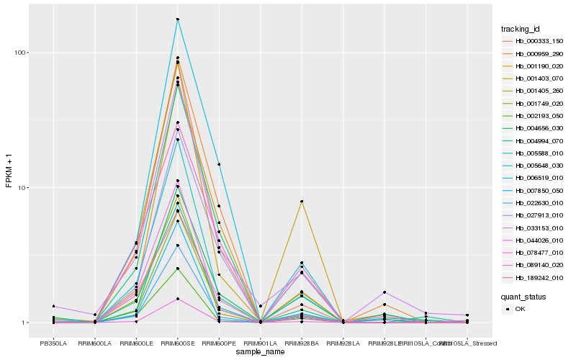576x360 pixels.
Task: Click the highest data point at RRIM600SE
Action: point(177,19)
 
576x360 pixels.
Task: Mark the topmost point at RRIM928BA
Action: point(302,201)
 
